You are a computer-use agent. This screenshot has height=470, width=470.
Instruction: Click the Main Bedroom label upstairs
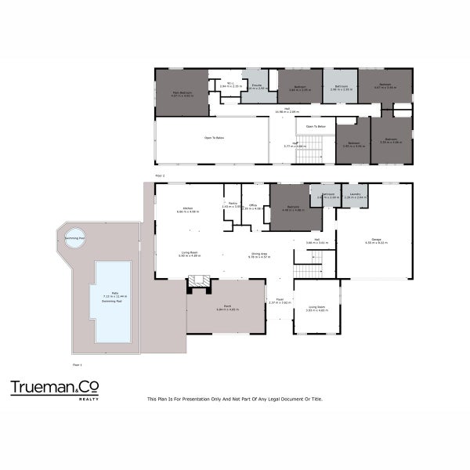pos(182,92)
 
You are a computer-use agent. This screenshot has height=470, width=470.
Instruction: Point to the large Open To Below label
pos(215,138)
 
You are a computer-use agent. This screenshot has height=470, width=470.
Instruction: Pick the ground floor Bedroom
pos(291,207)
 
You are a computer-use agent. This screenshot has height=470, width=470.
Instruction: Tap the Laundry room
pos(355,195)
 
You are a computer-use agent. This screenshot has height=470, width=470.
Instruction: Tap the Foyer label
pos(279,299)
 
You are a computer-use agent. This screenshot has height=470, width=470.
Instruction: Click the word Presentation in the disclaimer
pos(197,399)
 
